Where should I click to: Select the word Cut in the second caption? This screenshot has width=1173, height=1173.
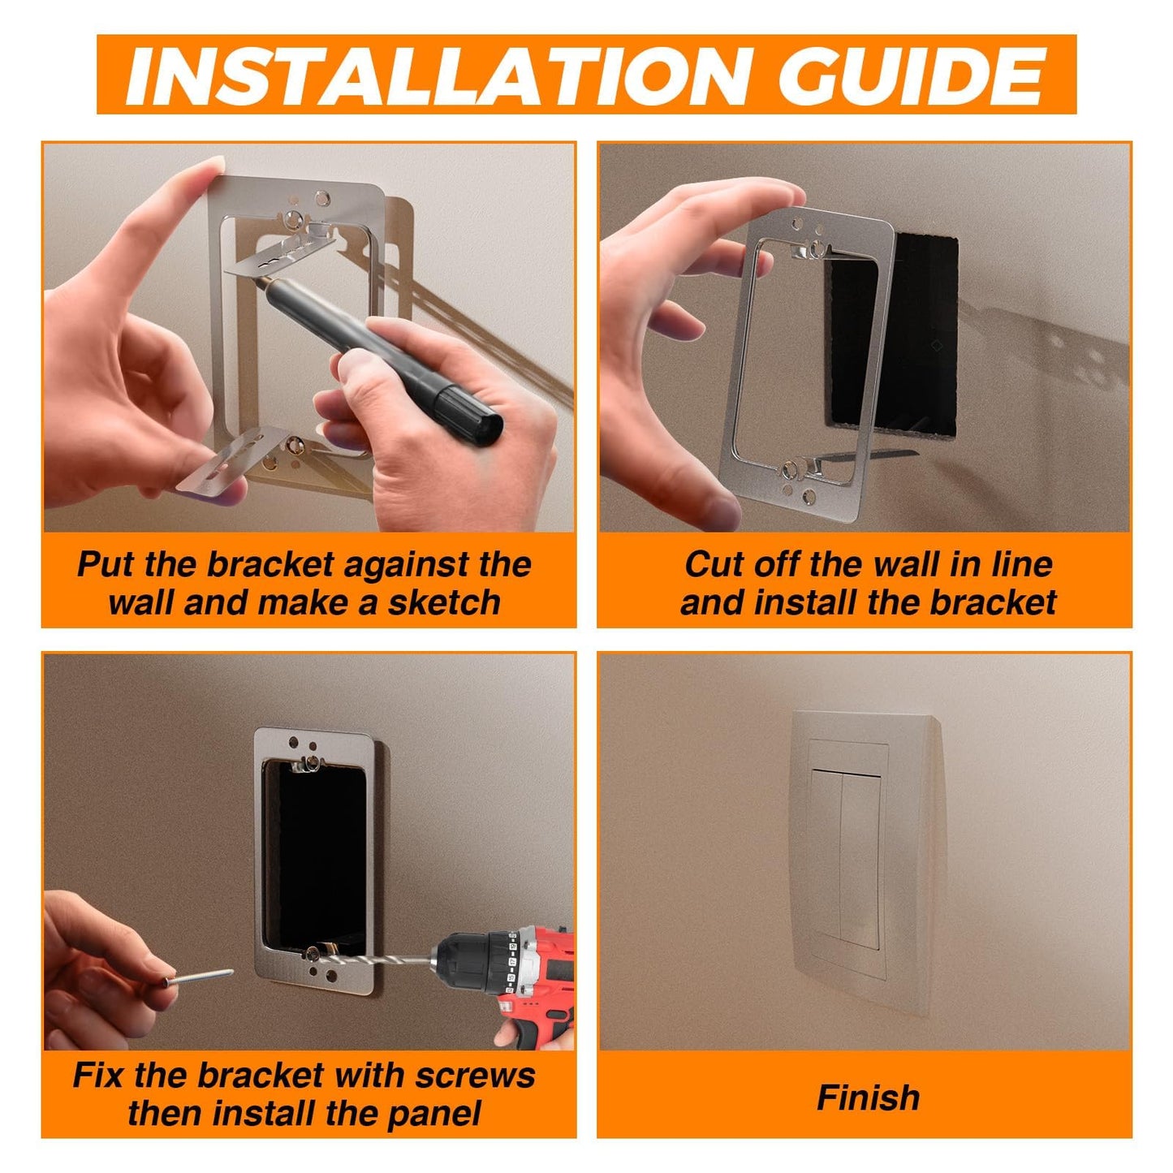tap(713, 564)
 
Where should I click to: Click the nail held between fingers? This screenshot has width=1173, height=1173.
tap(199, 977)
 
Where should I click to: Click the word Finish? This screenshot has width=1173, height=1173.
tap(868, 1098)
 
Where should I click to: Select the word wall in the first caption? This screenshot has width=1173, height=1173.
tap(142, 603)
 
